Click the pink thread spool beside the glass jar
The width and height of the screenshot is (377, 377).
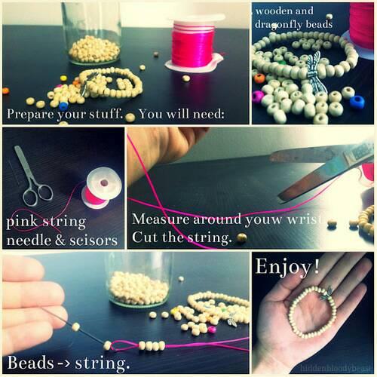pyautogui.click(x=195, y=44)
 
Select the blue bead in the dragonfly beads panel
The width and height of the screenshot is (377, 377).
pyautogui.click(x=357, y=102)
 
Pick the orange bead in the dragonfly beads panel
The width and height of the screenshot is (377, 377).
pyautogui.click(x=259, y=78)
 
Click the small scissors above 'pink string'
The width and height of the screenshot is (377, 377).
pyautogui.click(x=32, y=176)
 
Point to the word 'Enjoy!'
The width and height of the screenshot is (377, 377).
pyautogui.click(x=287, y=267)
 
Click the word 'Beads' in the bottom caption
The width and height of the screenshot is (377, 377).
pyautogui.click(x=30, y=363)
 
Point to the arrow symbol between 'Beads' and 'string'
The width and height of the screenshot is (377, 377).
pyautogui.click(x=64, y=363)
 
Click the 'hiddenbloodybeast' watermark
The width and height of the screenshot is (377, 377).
pyautogui.click(x=336, y=368)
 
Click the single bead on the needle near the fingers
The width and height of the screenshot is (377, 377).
pyautogui.click(x=75, y=327)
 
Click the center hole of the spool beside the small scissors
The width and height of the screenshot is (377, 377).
pyautogui.click(x=104, y=182)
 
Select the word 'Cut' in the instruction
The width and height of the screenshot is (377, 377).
pyautogui.click(x=146, y=237)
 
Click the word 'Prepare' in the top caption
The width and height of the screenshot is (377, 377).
pyautogui.click(x=30, y=115)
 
